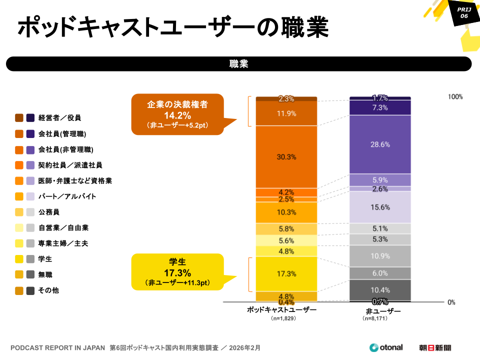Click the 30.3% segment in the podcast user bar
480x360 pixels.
[x=286, y=156]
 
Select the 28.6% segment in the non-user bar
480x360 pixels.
[x=380, y=144]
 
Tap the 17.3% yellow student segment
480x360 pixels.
[x=286, y=273]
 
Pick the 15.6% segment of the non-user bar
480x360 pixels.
[x=380, y=207]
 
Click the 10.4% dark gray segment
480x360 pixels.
[x=380, y=290]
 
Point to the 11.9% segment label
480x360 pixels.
[x=286, y=113]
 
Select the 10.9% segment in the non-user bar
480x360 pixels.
[x=380, y=255]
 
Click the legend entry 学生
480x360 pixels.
[x=45, y=259]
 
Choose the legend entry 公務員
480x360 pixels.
[x=48, y=212]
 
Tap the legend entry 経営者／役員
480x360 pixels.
[x=59, y=118]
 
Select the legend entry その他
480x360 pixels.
[x=48, y=290]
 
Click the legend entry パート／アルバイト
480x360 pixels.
[x=67, y=196]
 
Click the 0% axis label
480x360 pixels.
[x=451, y=302]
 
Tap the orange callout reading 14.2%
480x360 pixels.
[x=177, y=114]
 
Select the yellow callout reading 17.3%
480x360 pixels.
[x=176, y=272]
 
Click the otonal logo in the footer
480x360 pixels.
[x=385, y=347]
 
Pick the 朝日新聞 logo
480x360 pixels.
[x=435, y=347]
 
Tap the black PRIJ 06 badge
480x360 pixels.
[x=463, y=13]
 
